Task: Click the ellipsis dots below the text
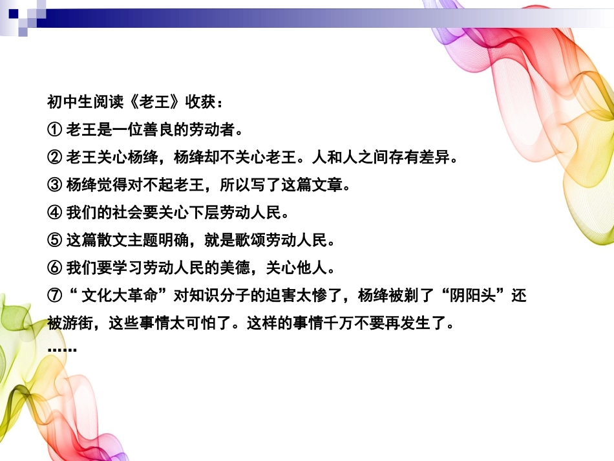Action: click(62, 350)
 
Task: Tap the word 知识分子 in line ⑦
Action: click(221, 296)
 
